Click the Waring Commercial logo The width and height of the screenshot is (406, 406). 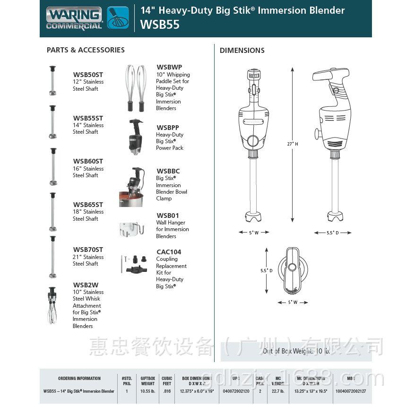(x=87, y=18)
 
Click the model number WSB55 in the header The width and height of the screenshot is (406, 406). (x=160, y=25)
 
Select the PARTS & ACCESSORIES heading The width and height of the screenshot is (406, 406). (x=86, y=50)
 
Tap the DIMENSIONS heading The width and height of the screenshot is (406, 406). (x=242, y=51)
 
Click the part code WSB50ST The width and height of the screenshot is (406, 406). (x=88, y=75)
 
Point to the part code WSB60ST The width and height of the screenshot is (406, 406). (x=88, y=162)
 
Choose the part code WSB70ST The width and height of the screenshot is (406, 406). (x=88, y=250)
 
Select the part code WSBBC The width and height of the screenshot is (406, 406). (x=168, y=171)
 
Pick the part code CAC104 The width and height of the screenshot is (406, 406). (x=169, y=252)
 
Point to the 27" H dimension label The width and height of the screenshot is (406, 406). (x=293, y=144)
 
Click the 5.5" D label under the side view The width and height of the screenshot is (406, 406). (x=333, y=233)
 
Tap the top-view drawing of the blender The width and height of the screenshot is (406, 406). (x=292, y=270)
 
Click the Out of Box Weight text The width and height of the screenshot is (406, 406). (x=296, y=351)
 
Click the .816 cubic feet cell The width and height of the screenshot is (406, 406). (x=166, y=391)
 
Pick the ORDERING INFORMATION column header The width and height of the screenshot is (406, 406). (x=79, y=379)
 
